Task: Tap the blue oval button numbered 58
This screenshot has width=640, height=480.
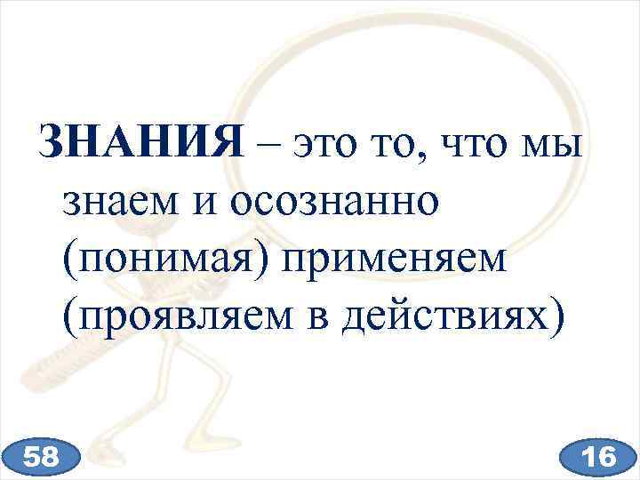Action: (43, 457)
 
